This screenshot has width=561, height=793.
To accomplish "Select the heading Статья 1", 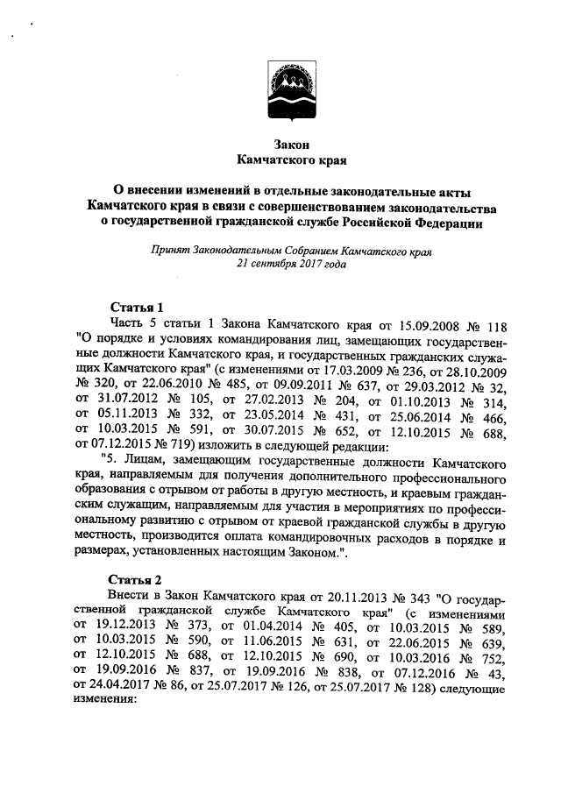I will [136, 307].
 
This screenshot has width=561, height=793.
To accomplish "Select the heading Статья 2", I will [136, 580].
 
